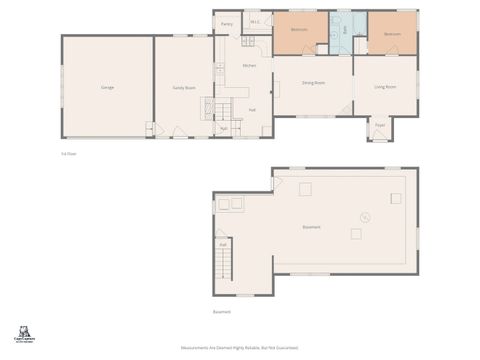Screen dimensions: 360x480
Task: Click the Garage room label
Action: click(107, 88)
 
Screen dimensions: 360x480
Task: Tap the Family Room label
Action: click(183, 88)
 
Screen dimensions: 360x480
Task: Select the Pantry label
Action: click(227, 23)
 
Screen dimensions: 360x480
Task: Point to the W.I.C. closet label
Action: click(255, 22)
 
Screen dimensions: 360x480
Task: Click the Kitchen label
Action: click(250, 66)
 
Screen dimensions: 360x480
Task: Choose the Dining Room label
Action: click(314, 83)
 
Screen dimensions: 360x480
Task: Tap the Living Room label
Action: click(385, 88)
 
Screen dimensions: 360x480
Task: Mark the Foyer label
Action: click(380, 125)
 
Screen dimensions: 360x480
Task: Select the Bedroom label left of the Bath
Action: click(299, 31)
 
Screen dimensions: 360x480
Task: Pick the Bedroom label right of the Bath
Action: click(392, 33)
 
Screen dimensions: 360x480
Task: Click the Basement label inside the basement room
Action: click(312, 228)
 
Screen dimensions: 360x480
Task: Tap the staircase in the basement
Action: click(223, 265)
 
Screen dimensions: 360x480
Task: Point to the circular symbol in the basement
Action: click(366, 216)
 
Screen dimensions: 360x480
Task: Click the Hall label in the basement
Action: click(223, 243)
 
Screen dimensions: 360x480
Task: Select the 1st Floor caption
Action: click(69, 154)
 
